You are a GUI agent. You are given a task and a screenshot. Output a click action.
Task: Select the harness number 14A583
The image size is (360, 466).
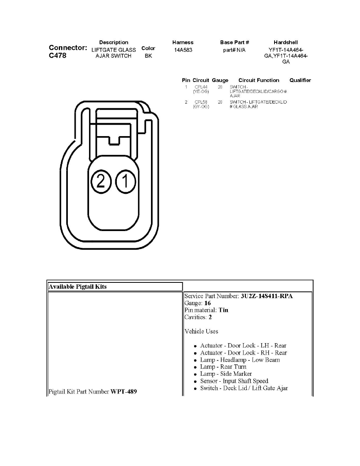pyautogui.click(x=183, y=50)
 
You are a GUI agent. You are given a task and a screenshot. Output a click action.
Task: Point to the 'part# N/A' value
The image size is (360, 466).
pyautogui.click(x=234, y=50)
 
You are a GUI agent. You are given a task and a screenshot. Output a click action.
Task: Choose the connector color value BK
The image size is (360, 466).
pyautogui.click(x=148, y=56)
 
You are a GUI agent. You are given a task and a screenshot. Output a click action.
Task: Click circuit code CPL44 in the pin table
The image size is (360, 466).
pyautogui.click(x=201, y=87)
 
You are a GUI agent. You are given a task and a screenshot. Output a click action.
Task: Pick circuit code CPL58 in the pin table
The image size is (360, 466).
pyautogui.click(x=201, y=102)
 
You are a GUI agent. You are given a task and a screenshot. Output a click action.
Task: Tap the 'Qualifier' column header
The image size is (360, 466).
pyautogui.click(x=300, y=80)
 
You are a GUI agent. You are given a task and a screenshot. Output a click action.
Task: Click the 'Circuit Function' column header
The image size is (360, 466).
pyautogui.click(x=259, y=80)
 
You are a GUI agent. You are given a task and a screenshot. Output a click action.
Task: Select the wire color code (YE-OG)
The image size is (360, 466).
pyautogui.click(x=201, y=91)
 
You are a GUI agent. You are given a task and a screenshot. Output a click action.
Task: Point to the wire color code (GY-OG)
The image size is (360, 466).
pyautogui.click(x=201, y=107)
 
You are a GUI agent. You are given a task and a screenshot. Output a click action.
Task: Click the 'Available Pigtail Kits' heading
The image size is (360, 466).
pyautogui.click(x=78, y=287)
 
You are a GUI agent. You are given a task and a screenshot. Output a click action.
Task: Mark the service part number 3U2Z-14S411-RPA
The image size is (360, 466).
pyautogui.click(x=266, y=296)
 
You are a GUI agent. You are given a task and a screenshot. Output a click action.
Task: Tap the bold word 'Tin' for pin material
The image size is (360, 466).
pyautogui.click(x=224, y=310)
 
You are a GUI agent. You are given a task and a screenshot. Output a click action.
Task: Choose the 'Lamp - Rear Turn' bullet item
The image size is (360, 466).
pyautogui.click(x=223, y=367)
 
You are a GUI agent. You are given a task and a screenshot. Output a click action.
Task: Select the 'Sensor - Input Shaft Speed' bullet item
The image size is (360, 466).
pyautogui.click(x=234, y=381)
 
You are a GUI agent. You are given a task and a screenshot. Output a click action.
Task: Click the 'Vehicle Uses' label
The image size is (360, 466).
pyautogui.click(x=201, y=331)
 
